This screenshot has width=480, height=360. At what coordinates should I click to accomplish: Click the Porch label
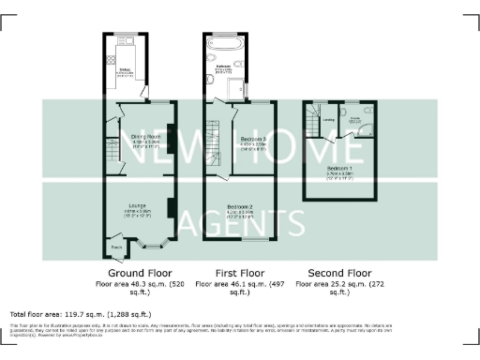pos(116,247)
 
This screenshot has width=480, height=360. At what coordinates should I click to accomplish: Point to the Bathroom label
pos(225,67)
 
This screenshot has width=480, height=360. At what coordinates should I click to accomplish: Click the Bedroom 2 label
pos(240,206)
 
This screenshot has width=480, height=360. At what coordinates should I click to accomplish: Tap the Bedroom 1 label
pos(338,169)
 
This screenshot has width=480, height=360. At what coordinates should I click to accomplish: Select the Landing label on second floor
pos(329,119)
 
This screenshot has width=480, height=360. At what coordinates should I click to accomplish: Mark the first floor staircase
pos(214,138)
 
